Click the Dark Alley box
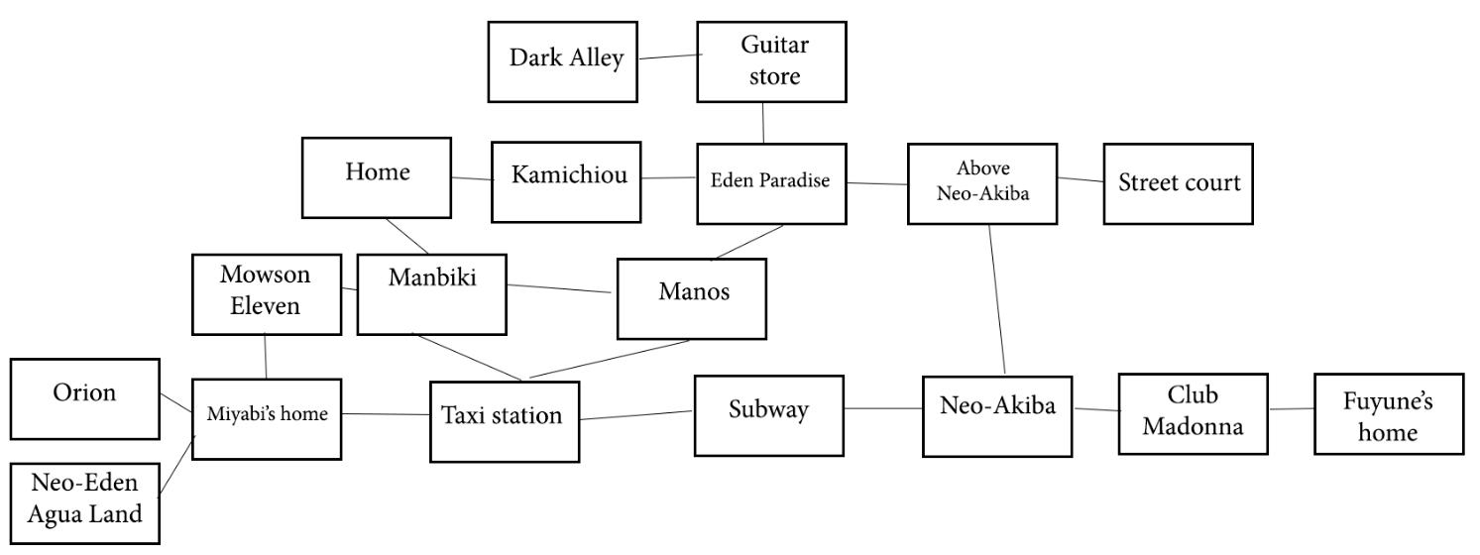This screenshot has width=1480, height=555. [x=563, y=58]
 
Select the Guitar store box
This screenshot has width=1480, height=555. [x=773, y=61]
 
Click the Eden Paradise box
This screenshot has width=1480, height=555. [x=771, y=182]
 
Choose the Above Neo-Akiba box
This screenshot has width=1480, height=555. [x=981, y=182]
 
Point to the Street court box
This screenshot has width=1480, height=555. [x=1179, y=182]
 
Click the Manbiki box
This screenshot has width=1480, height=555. [x=431, y=294]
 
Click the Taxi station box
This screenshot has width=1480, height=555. [x=503, y=420]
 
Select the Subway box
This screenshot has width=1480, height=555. [x=768, y=411]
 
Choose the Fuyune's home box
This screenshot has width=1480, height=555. [x=1388, y=413]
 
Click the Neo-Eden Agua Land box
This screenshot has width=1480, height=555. [x=84, y=500]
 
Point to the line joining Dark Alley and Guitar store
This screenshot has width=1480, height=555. [x=667, y=57]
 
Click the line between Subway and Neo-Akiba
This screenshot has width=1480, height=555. [x=882, y=407]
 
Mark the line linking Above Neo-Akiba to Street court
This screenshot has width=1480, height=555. [x=1081, y=179]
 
